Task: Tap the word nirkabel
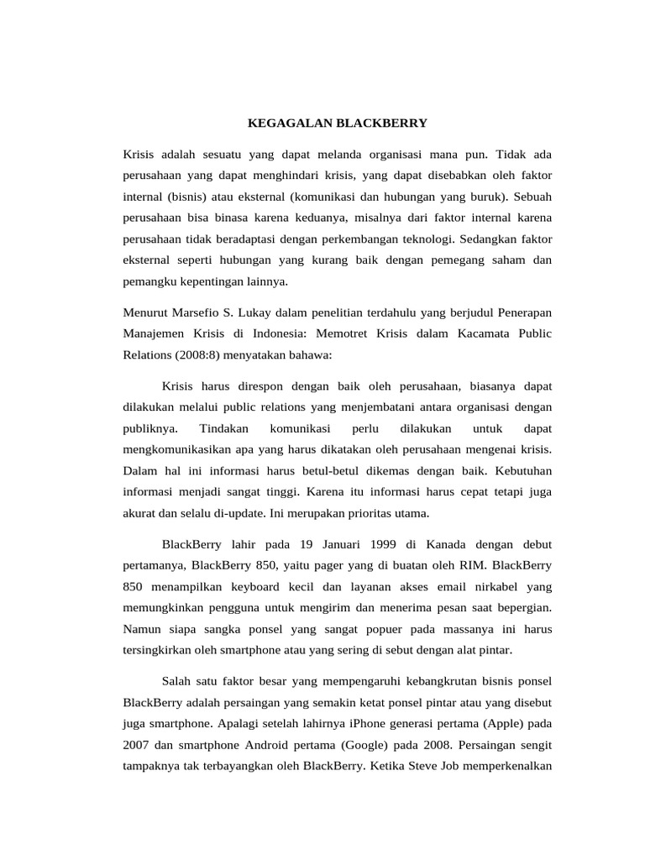click(474, 585)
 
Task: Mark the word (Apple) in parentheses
click(505, 724)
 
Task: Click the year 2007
click(137, 745)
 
